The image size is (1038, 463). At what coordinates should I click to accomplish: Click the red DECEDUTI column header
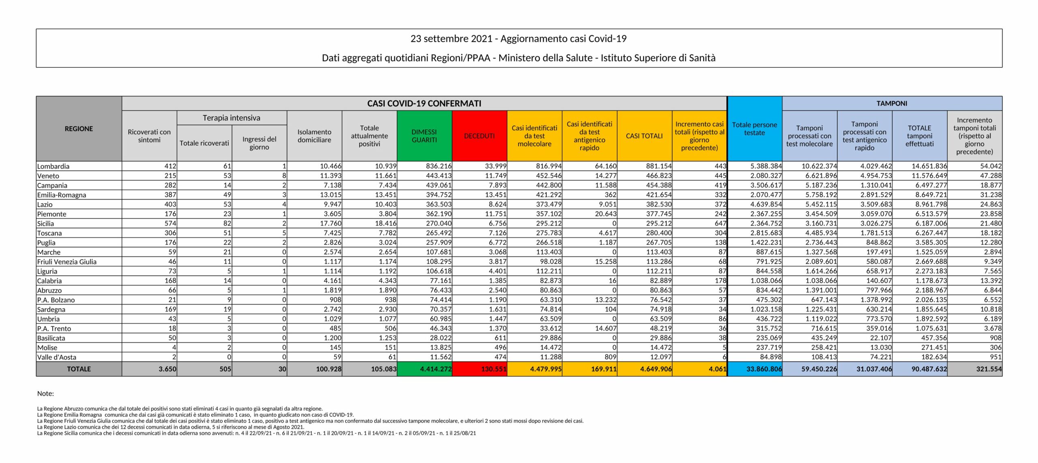point(479,136)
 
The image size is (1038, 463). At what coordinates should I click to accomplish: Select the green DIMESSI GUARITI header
point(424,136)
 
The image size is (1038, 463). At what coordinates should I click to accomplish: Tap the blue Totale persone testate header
point(754,129)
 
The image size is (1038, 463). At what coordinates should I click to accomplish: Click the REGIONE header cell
point(79,129)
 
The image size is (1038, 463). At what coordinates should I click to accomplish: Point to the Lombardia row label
point(53,166)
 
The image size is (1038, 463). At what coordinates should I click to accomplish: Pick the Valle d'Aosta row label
point(57,357)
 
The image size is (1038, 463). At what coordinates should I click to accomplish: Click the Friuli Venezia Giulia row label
point(67,262)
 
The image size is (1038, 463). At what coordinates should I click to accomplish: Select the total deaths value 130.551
point(493,369)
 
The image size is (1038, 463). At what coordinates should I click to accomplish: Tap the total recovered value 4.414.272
point(435,369)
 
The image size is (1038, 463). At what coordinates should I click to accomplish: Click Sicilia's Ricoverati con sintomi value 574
point(170,223)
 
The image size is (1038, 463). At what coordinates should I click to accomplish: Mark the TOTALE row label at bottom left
point(79,369)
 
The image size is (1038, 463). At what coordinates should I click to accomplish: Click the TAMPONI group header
point(892,103)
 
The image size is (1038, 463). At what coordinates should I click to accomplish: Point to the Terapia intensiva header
point(232,118)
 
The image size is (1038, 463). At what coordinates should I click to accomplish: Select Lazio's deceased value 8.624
point(495,204)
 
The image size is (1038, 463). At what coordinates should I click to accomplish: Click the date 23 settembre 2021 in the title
point(452,39)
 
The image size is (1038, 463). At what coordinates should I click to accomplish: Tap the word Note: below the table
point(45,393)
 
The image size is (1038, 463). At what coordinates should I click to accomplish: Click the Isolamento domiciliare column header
point(314,136)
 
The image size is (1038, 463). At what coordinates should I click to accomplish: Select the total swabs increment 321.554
point(989,369)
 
